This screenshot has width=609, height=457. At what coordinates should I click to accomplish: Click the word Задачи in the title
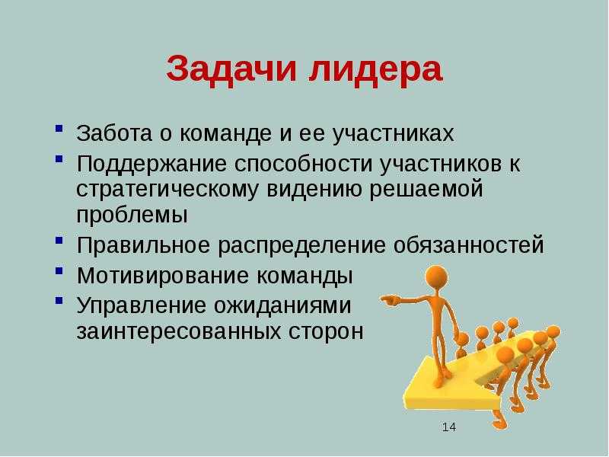(x=231, y=69)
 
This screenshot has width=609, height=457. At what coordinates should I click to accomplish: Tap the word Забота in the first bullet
(x=114, y=133)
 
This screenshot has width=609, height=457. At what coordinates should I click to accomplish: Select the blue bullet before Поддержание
(x=59, y=158)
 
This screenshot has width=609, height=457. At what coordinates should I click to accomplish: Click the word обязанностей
(x=468, y=245)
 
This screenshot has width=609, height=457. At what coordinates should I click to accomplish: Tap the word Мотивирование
(x=163, y=276)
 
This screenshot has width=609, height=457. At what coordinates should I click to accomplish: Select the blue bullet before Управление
(x=59, y=300)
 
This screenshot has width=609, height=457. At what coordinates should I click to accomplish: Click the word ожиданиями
(x=282, y=306)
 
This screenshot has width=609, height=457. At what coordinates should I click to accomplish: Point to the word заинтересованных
(x=179, y=332)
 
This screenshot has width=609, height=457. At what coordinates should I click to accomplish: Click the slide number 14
(x=448, y=427)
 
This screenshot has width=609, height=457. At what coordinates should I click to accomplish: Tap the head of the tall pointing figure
(x=436, y=278)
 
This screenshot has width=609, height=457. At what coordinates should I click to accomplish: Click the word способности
(x=303, y=165)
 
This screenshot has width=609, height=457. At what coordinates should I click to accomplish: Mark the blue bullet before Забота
(x=59, y=128)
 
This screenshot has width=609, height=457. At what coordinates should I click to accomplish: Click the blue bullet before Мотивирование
(x=59, y=270)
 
